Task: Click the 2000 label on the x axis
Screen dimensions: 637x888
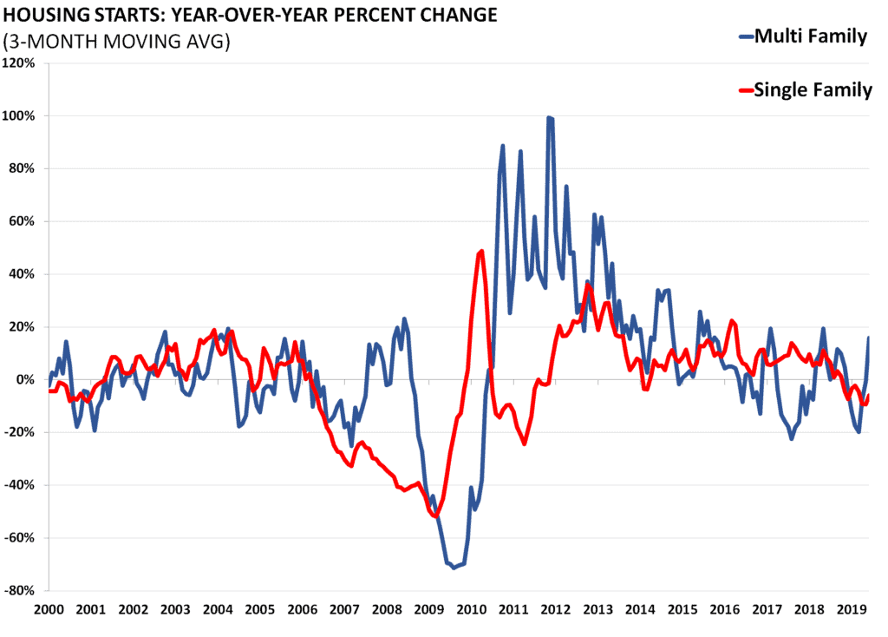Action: [x=49, y=610]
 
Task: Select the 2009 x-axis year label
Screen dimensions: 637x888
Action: [x=428, y=610]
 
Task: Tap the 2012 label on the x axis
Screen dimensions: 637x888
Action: [x=555, y=610]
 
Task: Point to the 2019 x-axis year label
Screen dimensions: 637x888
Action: [x=852, y=610]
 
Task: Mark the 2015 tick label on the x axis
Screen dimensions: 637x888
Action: [x=682, y=610]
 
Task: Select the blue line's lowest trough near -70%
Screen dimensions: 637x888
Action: [x=454, y=568]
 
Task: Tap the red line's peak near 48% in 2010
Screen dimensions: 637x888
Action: [x=481, y=251]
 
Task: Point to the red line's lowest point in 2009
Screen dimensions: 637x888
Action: [x=434, y=516]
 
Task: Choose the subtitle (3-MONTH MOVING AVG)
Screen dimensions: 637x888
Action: [x=117, y=42]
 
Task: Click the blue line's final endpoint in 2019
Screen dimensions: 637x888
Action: [x=868, y=338]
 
